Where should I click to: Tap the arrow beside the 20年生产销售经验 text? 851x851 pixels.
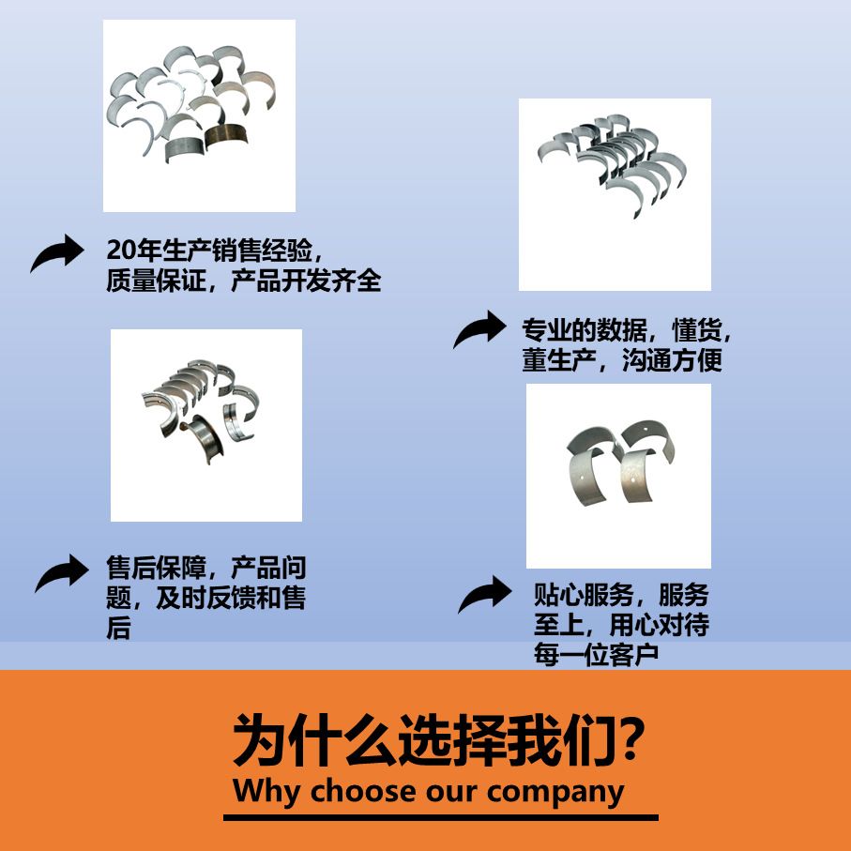(57, 253)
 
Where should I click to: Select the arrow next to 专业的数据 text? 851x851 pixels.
(479, 329)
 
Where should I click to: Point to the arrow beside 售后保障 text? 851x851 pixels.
(62, 573)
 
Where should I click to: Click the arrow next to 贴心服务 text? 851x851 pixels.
(485, 594)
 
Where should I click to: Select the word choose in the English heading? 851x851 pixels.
(365, 791)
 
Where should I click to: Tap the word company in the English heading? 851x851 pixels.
(555, 794)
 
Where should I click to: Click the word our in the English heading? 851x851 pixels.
(452, 793)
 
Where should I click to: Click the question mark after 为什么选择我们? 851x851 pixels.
(630, 739)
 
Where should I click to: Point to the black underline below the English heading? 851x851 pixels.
(441, 817)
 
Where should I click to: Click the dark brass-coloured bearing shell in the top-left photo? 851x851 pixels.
(226, 135)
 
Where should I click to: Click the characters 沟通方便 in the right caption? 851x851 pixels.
(673, 360)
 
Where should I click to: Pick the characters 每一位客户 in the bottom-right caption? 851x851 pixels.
(597, 655)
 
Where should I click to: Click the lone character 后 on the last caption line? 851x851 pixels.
(118, 628)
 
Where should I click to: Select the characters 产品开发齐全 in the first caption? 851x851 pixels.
(306, 281)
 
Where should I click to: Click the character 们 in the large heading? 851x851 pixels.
(586, 739)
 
